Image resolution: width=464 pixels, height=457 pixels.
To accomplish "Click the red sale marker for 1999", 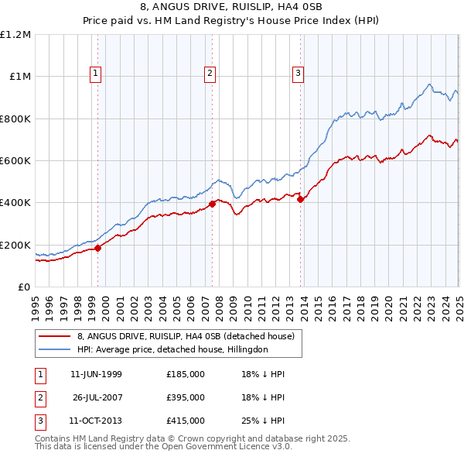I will pyautogui.click(x=98, y=249).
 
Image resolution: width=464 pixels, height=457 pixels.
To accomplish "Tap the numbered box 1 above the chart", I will pyautogui.click(x=95, y=74).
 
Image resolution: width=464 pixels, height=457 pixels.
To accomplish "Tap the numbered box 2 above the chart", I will pyautogui.click(x=210, y=74).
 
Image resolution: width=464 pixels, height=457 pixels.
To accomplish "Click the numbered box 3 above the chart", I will pyautogui.click(x=298, y=74).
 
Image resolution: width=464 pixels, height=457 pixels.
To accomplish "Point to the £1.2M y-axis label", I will pyautogui.click(x=15, y=35).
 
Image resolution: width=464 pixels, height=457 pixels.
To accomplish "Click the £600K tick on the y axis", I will pyautogui.click(x=15, y=161).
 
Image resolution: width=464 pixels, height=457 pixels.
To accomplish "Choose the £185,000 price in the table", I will pyautogui.click(x=186, y=374).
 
